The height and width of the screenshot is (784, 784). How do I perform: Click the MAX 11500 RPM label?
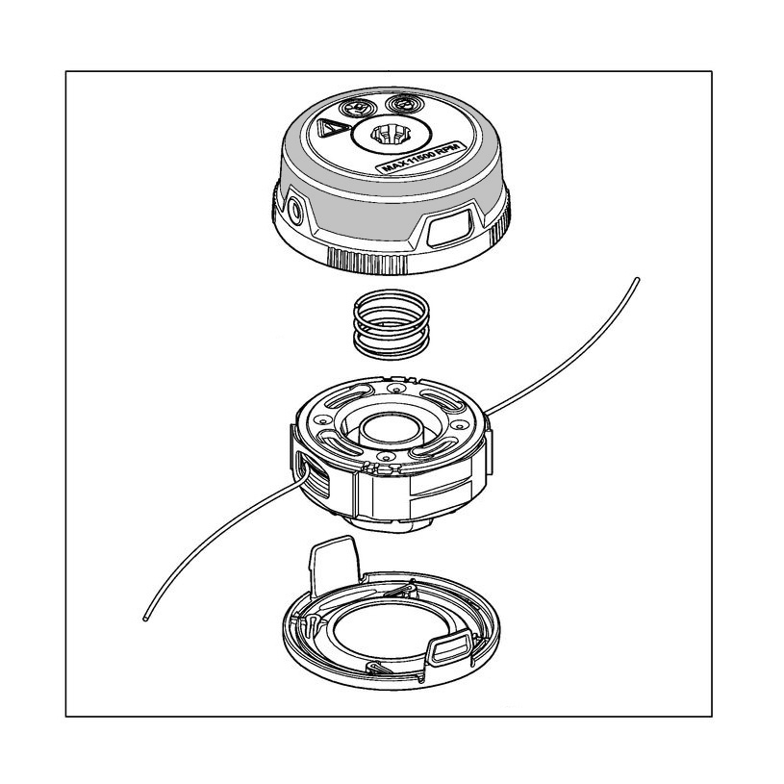click(421, 158)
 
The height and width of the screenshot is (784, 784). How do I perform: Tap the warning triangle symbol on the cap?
click(332, 129)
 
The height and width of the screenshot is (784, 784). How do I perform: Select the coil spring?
click(391, 324)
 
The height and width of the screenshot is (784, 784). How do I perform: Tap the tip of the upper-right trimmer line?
click(637, 280)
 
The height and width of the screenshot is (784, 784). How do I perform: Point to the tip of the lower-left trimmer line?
click(145, 618)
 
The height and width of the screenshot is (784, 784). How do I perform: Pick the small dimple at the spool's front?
click(384, 457)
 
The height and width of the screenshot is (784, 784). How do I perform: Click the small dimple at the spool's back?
click(396, 390)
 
